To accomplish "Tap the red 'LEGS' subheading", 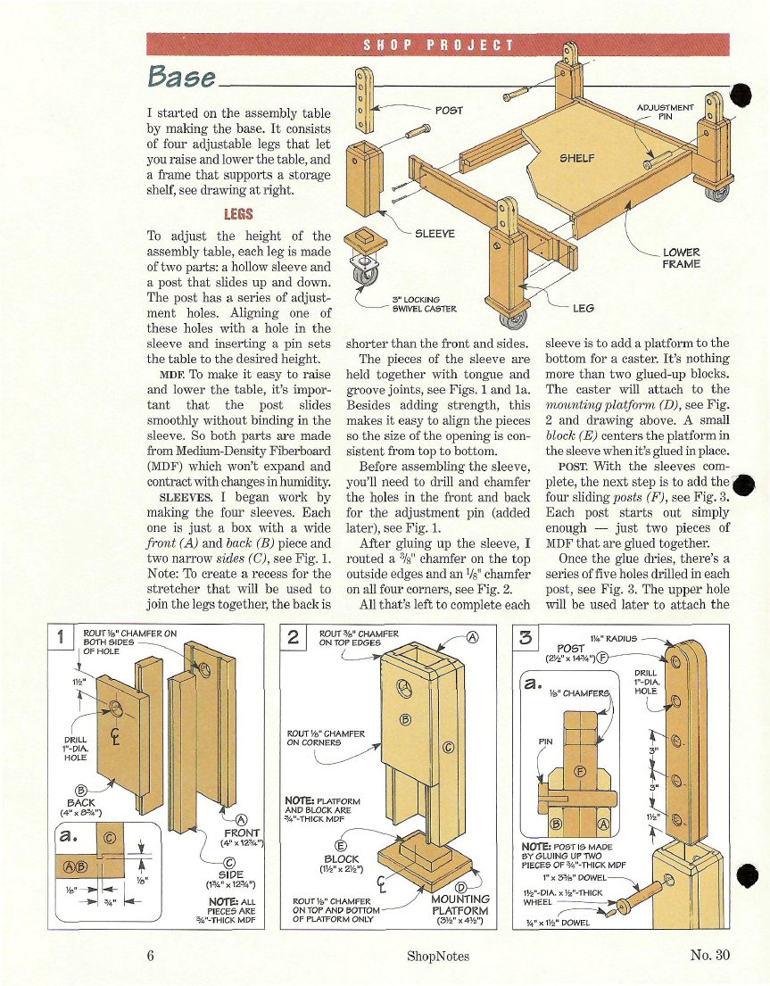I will tap(238, 214).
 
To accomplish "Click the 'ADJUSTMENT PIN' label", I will tap(664, 112).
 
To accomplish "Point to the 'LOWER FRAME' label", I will tap(682, 258).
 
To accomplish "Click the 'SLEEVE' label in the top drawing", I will tap(435, 234).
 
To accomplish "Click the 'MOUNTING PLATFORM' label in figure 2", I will tap(460, 905).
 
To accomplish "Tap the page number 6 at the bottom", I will tap(153, 956).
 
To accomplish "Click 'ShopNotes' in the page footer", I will tap(437, 957).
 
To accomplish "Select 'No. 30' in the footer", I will tap(710, 955).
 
